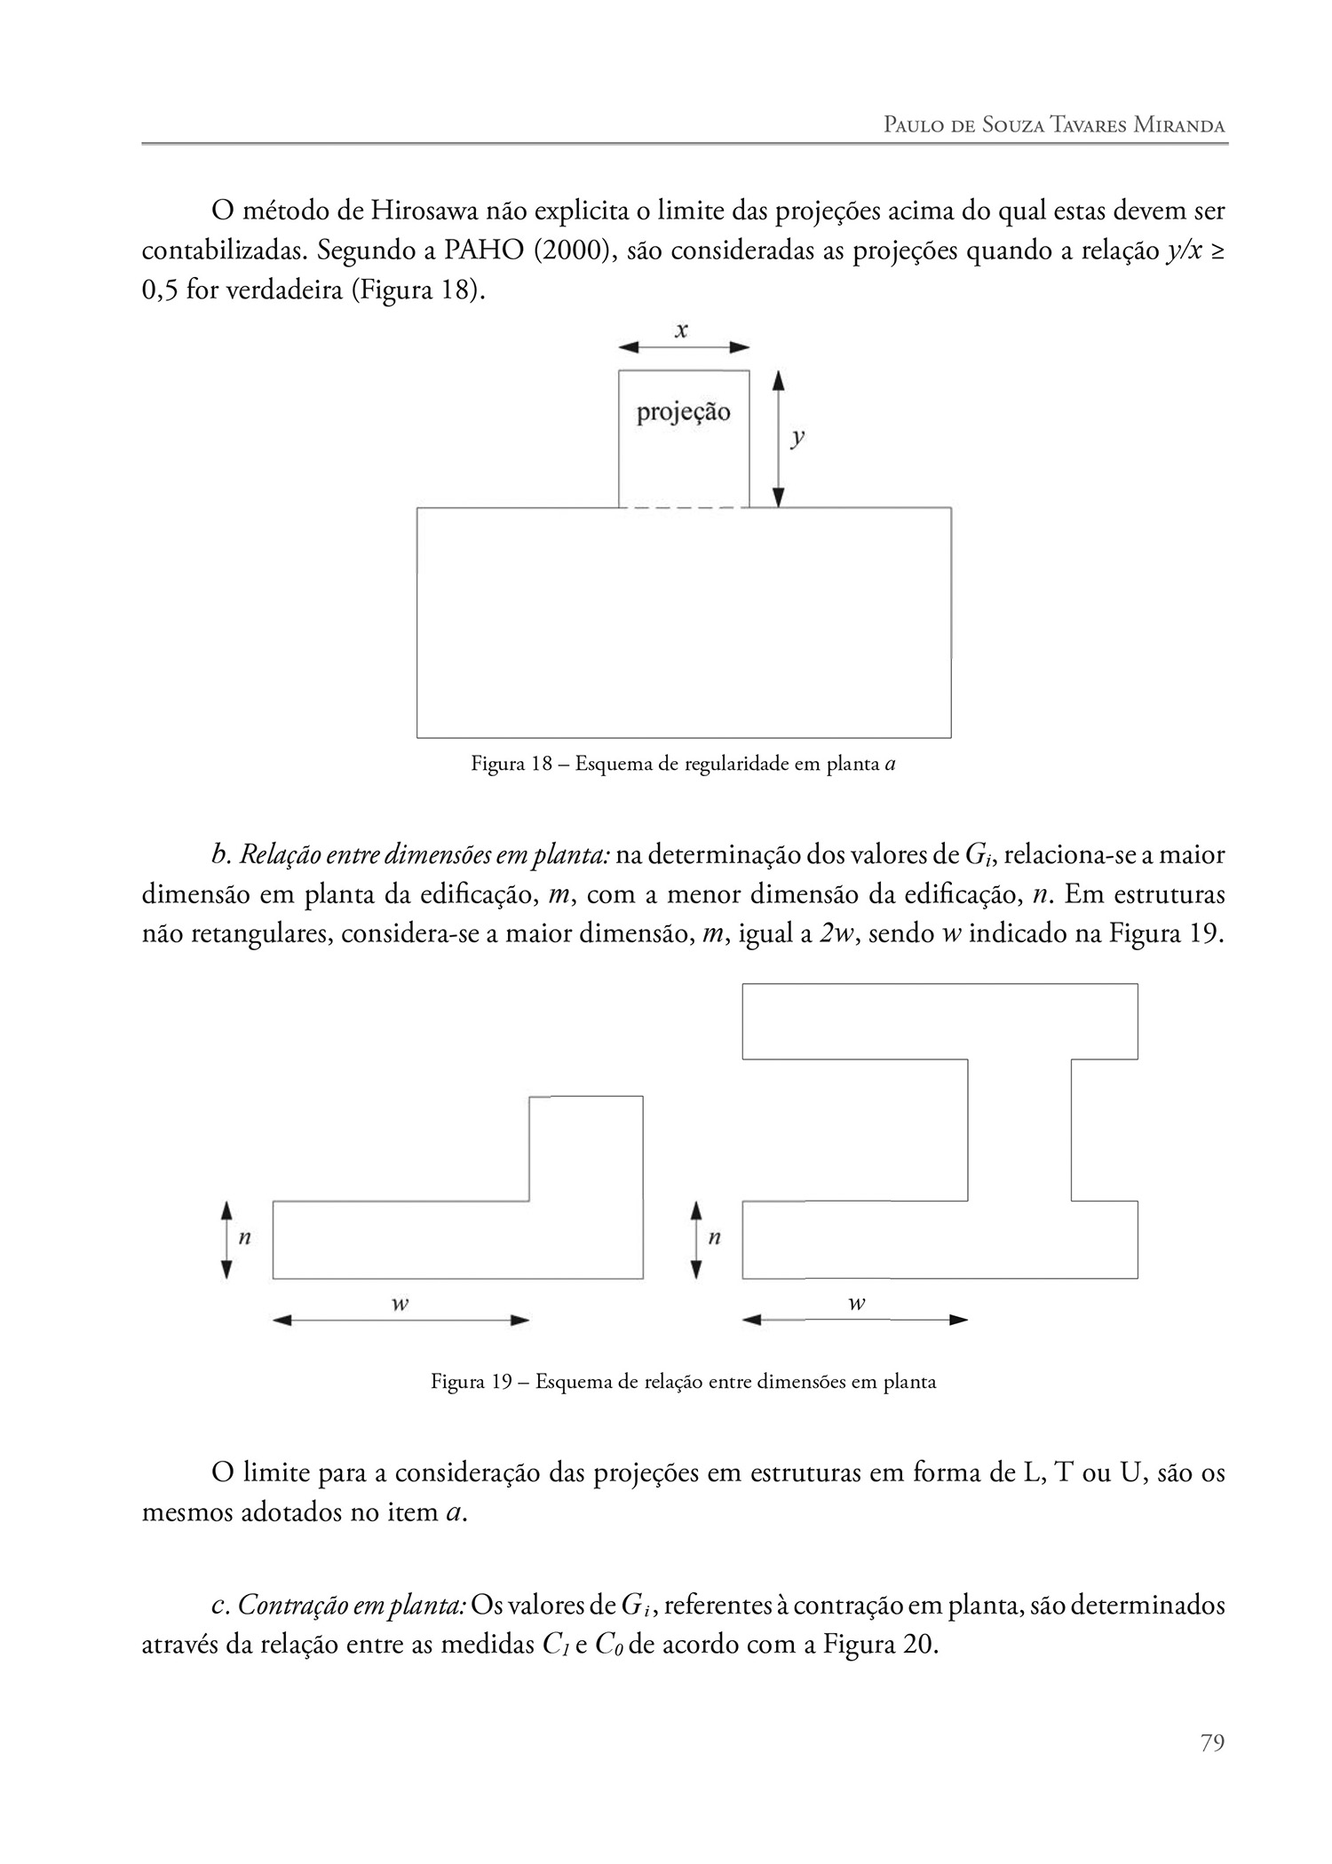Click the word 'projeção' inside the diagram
(683, 413)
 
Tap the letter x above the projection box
(681, 330)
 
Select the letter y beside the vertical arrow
(798, 438)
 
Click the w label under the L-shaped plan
(400, 1304)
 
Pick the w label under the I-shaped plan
(856, 1304)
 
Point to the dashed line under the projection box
(683, 508)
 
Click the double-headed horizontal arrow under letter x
(684, 347)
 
